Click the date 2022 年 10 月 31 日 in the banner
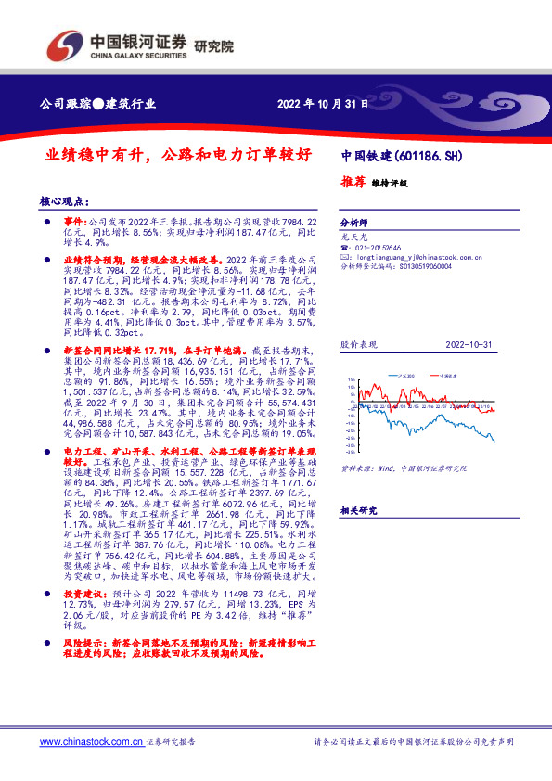(x=324, y=104)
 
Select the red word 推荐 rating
(x=353, y=182)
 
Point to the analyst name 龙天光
(x=355, y=237)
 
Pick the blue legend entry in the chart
(x=403, y=375)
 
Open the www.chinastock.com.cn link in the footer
(x=91, y=742)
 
